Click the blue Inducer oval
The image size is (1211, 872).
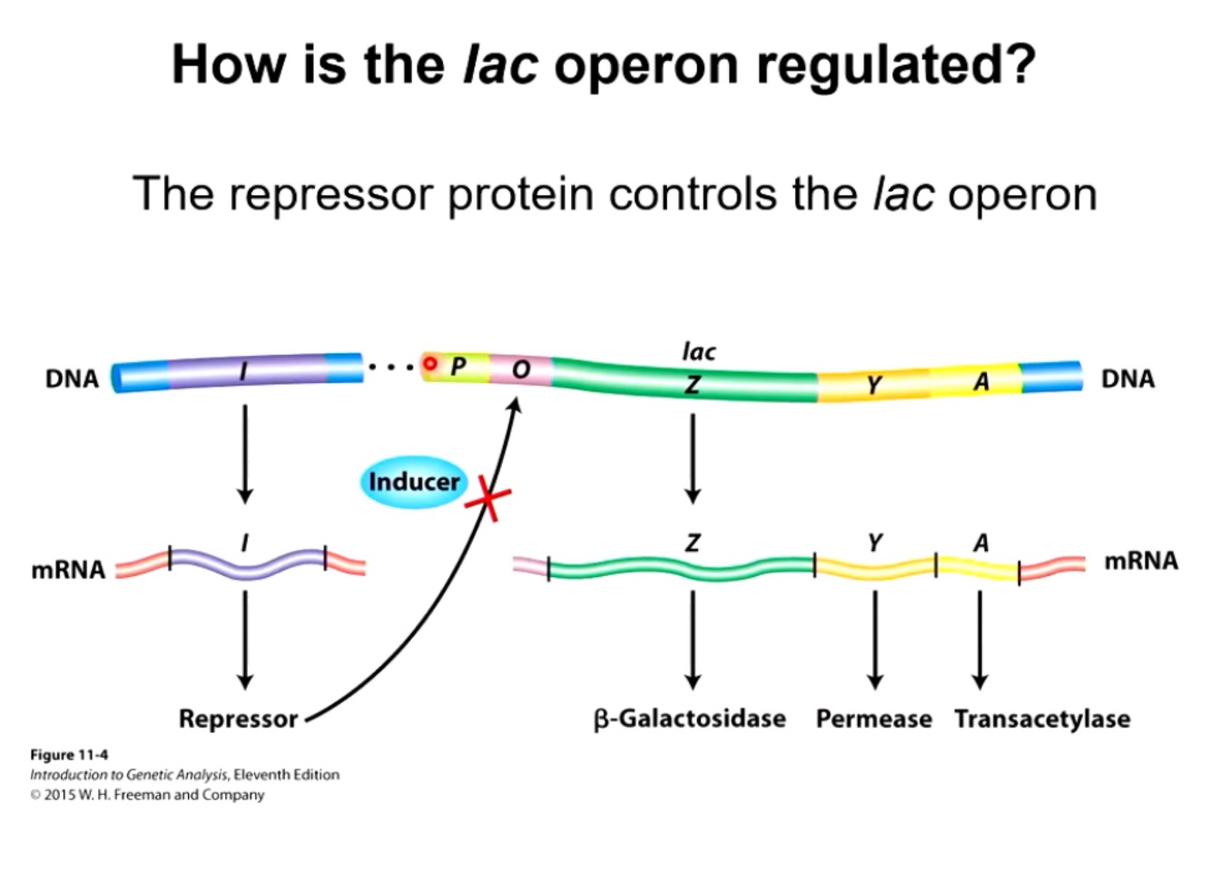[x=413, y=481]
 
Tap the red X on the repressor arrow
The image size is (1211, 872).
[x=488, y=498]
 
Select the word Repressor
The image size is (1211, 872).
[x=238, y=719]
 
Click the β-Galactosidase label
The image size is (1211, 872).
[x=690, y=719]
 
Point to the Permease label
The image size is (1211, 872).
[x=873, y=719]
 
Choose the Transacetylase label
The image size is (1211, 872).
[x=1042, y=719]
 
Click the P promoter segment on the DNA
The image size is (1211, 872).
[x=458, y=367]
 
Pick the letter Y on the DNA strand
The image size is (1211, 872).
[x=873, y=386]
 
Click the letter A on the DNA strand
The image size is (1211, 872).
[x=981, y=382]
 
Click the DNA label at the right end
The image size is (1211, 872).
[x=1127, y=378]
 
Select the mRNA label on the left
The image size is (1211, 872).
[x=68, y=570]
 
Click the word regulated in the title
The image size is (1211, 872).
[x=894, y=65]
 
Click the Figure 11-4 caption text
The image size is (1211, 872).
[x=69, y=755]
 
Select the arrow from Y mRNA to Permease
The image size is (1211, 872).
[x=874, y=640]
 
